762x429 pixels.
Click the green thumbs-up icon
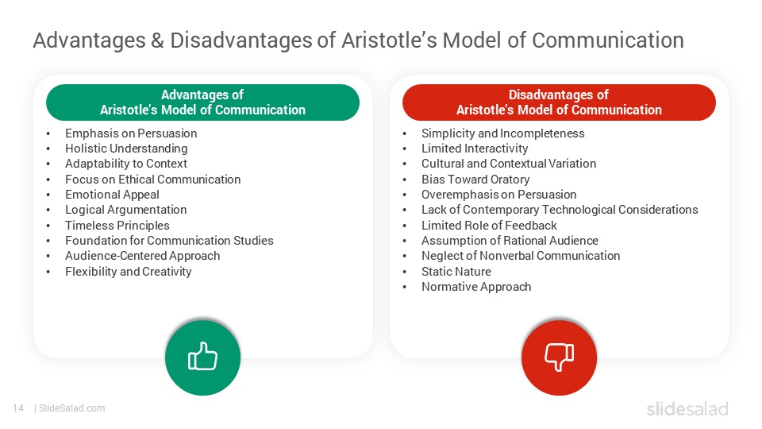coord(202,358)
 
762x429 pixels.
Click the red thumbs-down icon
coord(559,358)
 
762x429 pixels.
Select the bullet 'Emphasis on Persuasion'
coord(131,133)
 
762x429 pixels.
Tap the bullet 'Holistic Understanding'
coord(126,149)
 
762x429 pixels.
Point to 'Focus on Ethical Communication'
coord(152,180)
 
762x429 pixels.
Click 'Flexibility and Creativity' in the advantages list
coord(129,272)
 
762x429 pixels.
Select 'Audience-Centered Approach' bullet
coord(143,256)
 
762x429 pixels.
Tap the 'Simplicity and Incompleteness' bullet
coord(502,133)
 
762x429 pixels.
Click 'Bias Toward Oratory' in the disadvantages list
coord(475,180)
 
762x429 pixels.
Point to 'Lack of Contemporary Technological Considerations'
coord(560,210)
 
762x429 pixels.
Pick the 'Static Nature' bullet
coord(456,272)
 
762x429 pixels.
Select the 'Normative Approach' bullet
coord(476,287)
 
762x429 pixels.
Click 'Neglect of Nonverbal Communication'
coord(521,256)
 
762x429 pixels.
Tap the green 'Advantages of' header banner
coord(202,102)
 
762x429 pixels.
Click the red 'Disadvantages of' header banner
coord(559,102)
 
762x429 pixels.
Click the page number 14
coord(17,408)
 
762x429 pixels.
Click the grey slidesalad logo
coord(687,409)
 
